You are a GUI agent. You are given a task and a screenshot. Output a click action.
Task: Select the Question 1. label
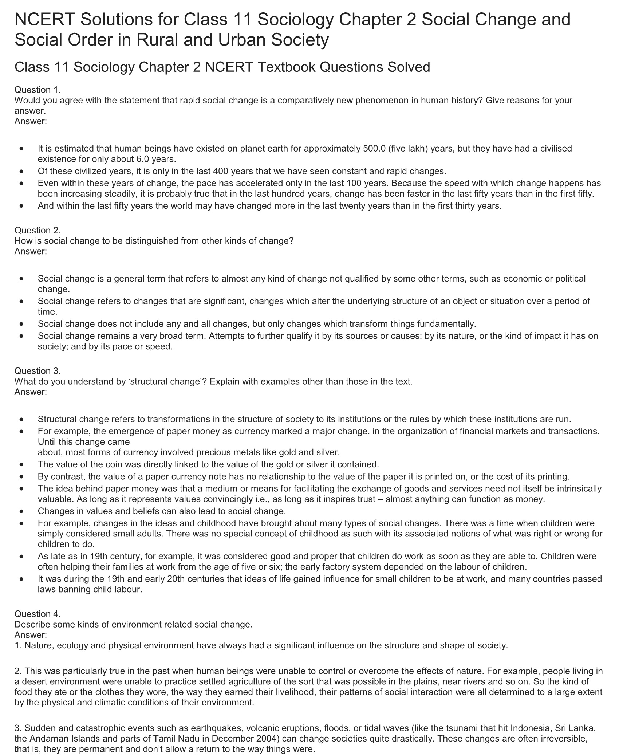pos(38,90)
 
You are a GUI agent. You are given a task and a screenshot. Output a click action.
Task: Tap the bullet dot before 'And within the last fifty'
pos(23,206)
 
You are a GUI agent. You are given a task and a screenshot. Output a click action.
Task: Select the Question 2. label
pos(38,230)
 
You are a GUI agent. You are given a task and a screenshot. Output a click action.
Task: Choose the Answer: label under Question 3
pos(31,392)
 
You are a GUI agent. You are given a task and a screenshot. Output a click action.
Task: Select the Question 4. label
pos(38,614)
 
